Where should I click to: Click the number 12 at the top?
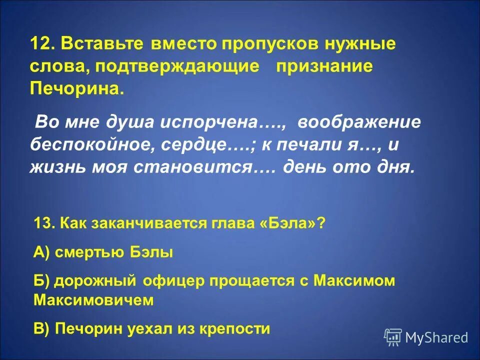(41, 43)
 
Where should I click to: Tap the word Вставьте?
(101, 43)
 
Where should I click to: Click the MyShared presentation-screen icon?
(393, 337)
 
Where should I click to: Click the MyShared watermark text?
(436, 338)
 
